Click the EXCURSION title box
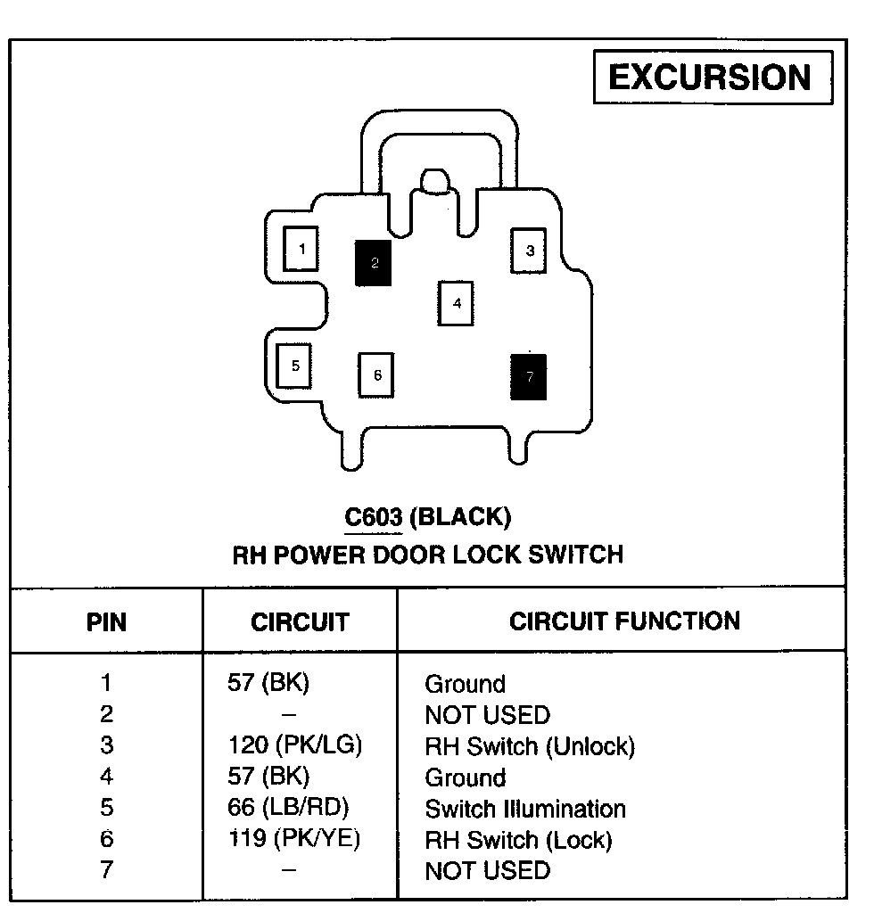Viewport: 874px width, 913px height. click(x=712, y=78)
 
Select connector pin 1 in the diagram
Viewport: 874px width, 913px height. click(x=301, y=249)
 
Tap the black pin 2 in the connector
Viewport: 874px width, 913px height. click(x=374, y=263)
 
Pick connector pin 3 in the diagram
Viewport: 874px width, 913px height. click(x=529, y=251)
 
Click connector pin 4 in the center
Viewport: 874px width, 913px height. click(x=456, y=303)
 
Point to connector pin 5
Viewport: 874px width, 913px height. click(x=294, y=366)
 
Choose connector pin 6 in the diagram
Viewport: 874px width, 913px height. click(x=376, y=375)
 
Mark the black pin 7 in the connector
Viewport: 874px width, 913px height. click(x=529, y=376)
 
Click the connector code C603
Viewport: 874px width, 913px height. click(x=373, y=516)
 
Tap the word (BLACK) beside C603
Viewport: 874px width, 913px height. click(x=464, y=516)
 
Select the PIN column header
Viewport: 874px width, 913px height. click(x=106, y=621)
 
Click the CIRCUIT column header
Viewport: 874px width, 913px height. click(x=300, y=621)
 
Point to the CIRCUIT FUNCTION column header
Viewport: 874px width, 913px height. click(x=624, y=621)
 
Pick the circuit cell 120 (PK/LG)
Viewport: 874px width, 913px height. click(x=295, y=745)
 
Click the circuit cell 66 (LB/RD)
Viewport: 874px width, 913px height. click(x=288, y=808)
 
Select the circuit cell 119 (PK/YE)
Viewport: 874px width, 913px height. click(x=293, y=839)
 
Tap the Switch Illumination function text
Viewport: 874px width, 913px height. click(x=525, y=809)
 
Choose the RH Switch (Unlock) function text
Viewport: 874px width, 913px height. click(x=530, y=746)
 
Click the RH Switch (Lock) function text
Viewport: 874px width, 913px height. click(x=518, y=840)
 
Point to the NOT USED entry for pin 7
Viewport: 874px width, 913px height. click(x=487, y=870)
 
